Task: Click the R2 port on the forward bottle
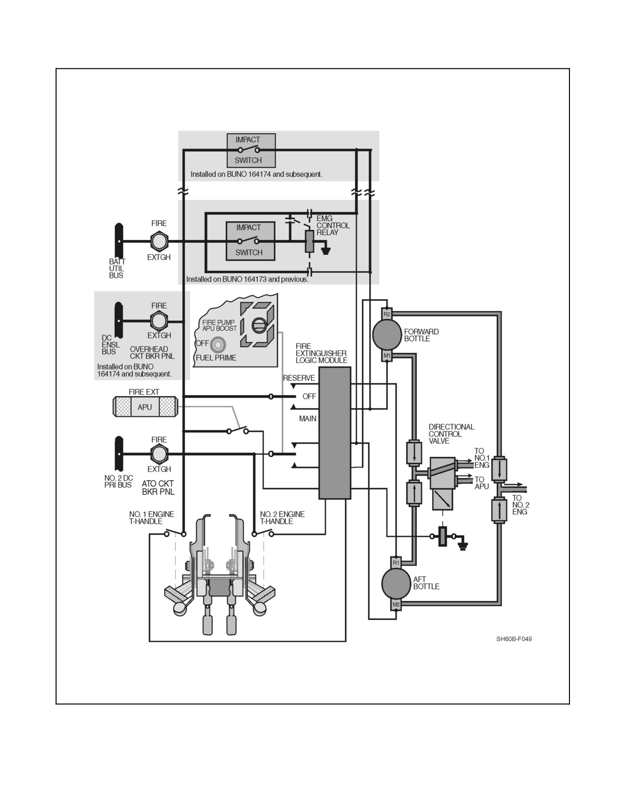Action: (x=387, y=314)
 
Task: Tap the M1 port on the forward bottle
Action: (x=387, y=356)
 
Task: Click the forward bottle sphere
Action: (x=387, y=335)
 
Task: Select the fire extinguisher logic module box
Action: (x=334, y=433)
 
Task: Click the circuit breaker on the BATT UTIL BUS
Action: (x=159, y=241)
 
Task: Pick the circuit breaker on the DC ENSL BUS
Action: (x=159, y=321)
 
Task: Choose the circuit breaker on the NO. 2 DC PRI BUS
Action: (x=159, y=454)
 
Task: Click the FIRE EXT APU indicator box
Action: (x=145, y=407)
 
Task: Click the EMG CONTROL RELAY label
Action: (x=333, y=226)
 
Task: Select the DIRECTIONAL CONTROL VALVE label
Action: (x=451, y=434)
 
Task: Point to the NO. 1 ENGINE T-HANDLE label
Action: (x=151, y=518)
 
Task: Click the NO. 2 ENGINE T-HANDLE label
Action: (x=282, y=518)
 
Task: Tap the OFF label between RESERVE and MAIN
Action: (x=309, y=396)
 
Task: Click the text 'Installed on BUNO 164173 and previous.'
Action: (x=247, y=279)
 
